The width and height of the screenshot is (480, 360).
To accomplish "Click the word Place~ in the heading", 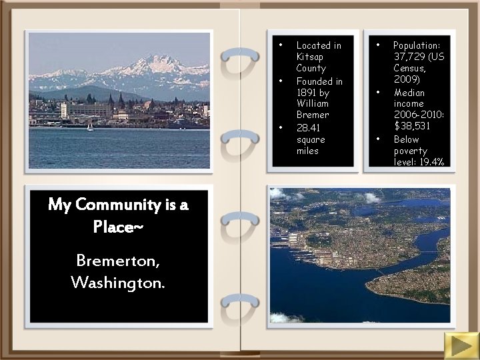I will [118, 227].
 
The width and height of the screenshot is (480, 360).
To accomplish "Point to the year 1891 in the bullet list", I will [307, 93].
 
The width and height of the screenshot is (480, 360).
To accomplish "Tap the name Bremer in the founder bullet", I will [313, 115].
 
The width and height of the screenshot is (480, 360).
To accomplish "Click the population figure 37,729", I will [407, 57].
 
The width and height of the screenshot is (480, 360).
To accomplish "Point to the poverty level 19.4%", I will [431, 162].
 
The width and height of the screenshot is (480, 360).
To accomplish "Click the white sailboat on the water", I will [90, 125].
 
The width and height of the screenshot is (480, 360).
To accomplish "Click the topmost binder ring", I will [240, 59].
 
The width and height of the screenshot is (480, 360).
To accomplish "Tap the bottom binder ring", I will [240, 305].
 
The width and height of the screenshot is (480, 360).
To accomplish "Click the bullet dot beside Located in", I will [281, 45].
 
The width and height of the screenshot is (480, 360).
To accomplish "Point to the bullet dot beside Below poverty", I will [378, 139].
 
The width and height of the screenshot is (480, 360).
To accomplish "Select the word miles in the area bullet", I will [308, 151].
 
